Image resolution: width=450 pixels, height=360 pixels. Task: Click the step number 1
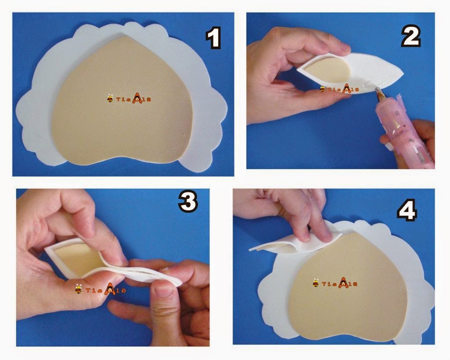pyautogui.click(x=213, y=38)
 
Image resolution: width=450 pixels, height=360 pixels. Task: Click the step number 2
pyautogui.click(x=411, y=36)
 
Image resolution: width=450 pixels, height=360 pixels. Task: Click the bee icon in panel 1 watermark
pyautogui.click(x=110, y=98)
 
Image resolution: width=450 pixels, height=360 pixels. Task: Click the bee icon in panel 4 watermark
pyautogui.click(x=316, y=283)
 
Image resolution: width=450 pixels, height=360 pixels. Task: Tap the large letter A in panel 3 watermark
pyautogui.click(x=110, y=289)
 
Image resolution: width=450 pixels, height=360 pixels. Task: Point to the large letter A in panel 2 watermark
pyautogui.click(x=346, y=89)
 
